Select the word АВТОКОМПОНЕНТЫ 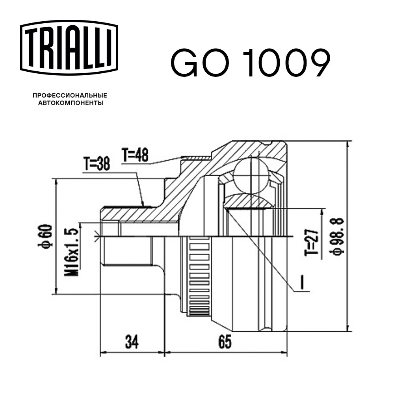(71, 103)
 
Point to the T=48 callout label (135, 156)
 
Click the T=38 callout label (97, 165)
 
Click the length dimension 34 (132, 342)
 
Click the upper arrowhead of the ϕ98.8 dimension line (348, 143)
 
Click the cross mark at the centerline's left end (97, 236)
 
